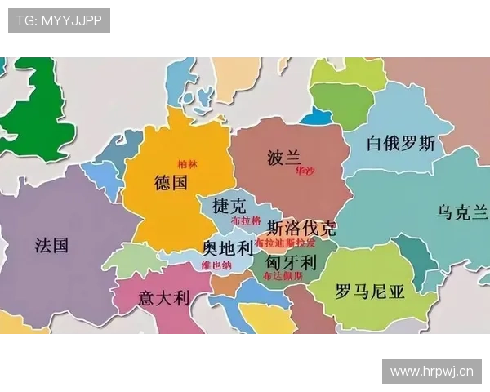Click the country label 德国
[x=171, y=182]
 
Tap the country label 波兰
[x=284, y=158]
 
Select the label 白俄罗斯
[x=401, y=145]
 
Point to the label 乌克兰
[x=462, y=213]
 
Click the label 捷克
[x=228, y=205]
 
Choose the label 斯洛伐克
[x=295, y=228]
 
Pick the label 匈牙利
[x=291, y=261]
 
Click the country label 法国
[x=51, y=245]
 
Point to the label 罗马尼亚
[x=370, y=292]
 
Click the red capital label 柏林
[x=188, y=164]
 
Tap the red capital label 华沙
[x=305, y=171]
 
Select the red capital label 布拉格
[x=246, y=221]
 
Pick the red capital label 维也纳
[x=216, y=265]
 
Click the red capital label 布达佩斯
[x=283, y=277]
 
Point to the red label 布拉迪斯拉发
[x=285, y=243]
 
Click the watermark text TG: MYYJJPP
[x=59, y=20]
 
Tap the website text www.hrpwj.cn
[x=431, y=372]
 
